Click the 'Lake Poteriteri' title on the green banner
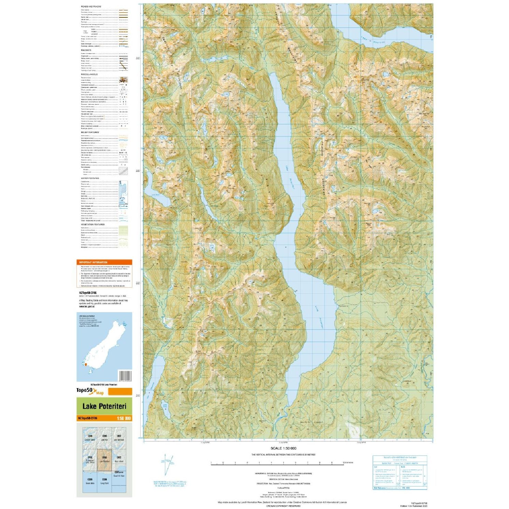coord(104,406)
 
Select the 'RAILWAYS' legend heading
coord(86,50)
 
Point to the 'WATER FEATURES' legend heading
coord(90,178)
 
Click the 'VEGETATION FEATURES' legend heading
coord(92,224)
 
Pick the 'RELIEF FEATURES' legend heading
coord(90,132)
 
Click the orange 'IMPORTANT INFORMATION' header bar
coord(104,262)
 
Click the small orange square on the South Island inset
coord(86,365)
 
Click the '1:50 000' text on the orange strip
coord(123,418)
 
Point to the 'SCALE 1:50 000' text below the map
coord(283,448)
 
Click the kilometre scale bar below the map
coord(277,463)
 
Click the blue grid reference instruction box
coord(399,472)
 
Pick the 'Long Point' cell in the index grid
coord(104,482)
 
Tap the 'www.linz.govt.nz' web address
coord(87,306)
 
